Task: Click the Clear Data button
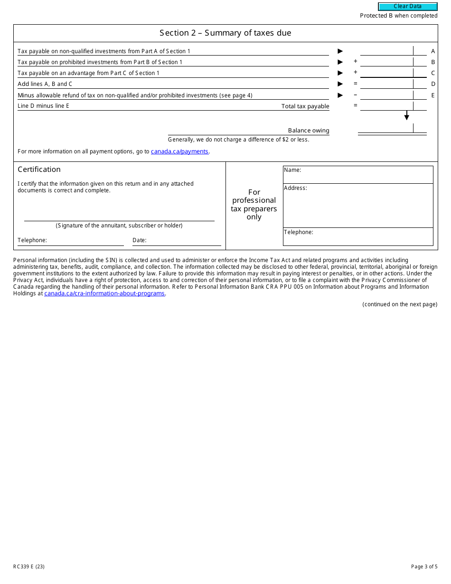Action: pyautogui.click(x=407, y=7)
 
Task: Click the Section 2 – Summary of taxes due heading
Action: pyautogui.click(x=225, y=33)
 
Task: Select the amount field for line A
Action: pyautogui.click(x=386, y=51)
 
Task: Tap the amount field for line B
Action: pyautogui.click(x=386, y=62)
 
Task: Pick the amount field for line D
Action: pyautogui.click(x=386, y=84)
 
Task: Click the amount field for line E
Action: pyautogui.click(x=386, y=95)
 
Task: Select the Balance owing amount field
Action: pyautogui.click(x=385, y=128)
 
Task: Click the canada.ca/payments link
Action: pyautogui.click(x=179, y=151)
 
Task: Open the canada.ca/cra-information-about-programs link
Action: pyautogui.click(x=104, y=293)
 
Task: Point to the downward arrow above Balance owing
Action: pyautogui.click(x=406, y=116)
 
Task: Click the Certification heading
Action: pyautogui.click(x=39, y=170)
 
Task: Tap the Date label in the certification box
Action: pyautogui.click(x=139, y=240)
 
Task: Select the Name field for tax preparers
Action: pyautogui.click(x=358, y=174)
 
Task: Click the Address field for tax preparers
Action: pyautogui.click(x=358, y=206)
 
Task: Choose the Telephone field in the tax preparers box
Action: pyautogui.click(x=358, y=236)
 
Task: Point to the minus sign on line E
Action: pyautogui.click(x=355, y=95)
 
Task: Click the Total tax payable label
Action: pyautogui.click(x=305, y=106)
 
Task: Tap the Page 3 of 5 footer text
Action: pyautogui.click(x=424, y=566)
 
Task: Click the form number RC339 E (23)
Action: pyautogui.click(x=29, y=566)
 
